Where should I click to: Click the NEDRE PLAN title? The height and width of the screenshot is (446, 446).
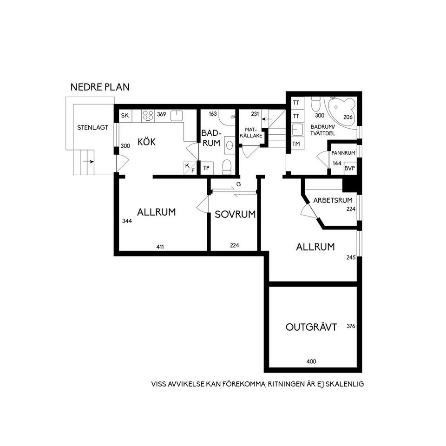point(100,87)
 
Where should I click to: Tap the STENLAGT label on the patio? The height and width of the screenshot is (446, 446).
point(93,128)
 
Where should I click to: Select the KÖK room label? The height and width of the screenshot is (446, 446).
point(146,141)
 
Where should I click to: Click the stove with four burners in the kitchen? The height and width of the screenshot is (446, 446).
point(148,116)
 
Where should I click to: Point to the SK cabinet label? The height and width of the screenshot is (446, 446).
point(125,116)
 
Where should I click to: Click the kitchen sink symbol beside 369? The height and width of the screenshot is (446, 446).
point(177,116)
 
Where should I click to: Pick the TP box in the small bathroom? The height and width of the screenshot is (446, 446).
point(206,168)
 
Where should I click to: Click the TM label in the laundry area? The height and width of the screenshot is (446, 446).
point(296,144)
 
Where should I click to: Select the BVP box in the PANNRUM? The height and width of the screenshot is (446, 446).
point(349,168)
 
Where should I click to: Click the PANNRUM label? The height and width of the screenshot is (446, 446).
point(343,153)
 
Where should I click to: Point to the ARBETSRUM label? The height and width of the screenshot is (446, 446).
point(333,200)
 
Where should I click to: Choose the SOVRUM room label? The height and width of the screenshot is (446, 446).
point(235,214)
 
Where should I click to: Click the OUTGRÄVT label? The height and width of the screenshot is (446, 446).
point(311,327)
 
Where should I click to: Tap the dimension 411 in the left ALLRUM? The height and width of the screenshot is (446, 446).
point(160,247)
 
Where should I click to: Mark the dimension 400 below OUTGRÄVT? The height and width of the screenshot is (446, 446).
point(311,361)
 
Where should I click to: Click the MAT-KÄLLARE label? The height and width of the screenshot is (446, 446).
point(250,133)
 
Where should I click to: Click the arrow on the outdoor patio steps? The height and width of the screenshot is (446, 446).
point(89,162)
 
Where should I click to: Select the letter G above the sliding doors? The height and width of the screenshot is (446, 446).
point(238,184)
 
